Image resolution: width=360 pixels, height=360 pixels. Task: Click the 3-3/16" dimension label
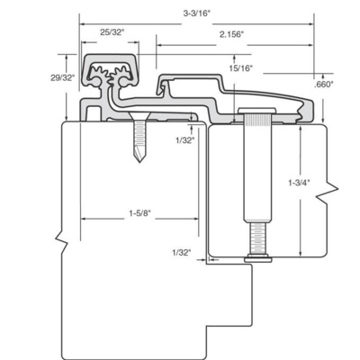coord(195,13)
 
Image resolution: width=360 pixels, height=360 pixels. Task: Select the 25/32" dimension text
coord(112,32)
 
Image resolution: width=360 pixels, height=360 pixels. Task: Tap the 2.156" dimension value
coord(231,34)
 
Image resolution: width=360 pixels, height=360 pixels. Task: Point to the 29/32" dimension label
coord(62,78)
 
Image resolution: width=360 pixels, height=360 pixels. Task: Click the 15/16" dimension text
coord(241,68)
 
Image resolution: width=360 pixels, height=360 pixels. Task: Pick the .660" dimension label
coord(324,85)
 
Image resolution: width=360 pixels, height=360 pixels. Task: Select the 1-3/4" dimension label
coord(299,183)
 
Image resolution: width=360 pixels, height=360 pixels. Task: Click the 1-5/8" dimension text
coord(139,213)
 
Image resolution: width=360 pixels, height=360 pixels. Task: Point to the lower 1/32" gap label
coord(182,253)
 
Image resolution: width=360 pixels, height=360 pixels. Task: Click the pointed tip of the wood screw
coord(139,162)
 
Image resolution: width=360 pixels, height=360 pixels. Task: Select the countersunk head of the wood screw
coord(139,116)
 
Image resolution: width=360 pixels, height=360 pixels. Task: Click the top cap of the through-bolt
coord(257,110)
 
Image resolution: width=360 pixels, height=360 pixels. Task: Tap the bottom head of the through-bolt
coord(258,258)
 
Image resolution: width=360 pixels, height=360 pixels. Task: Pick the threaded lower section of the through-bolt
coord(258,238)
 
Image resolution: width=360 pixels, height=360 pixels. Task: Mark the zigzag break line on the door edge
coord(327,189)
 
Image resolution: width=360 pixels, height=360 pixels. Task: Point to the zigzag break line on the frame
coord(62,239)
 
